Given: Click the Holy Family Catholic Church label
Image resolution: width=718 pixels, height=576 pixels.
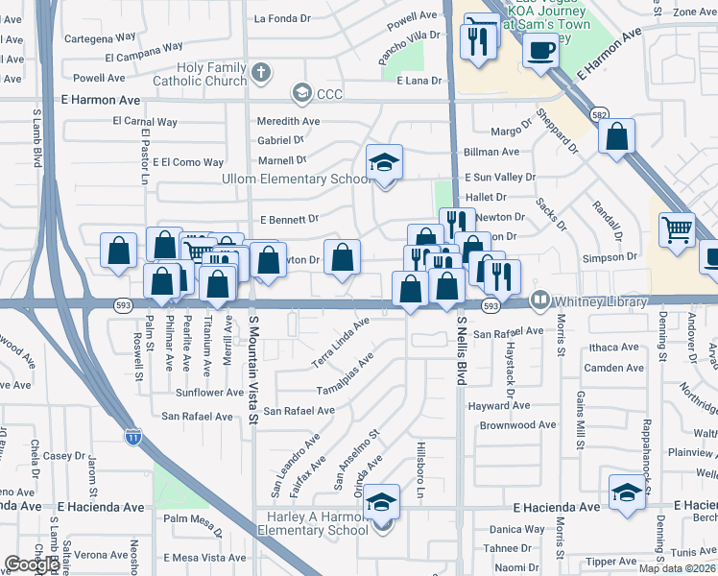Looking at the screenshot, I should pos(212,75).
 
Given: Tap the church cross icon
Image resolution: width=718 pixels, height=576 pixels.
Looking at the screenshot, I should pos(262,71).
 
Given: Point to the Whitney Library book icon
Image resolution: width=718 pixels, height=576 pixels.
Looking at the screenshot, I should pos(540,301).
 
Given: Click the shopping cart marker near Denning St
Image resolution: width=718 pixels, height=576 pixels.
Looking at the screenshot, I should pos(678,229).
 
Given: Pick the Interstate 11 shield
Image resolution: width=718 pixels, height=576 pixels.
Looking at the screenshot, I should pos(134,437).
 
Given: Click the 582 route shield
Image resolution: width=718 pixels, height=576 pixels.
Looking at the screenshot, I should pos(598,113).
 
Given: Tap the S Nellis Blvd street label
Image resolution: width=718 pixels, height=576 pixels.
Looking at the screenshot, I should pos(462,351).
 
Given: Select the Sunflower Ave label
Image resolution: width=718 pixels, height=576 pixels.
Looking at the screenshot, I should pos(209,393).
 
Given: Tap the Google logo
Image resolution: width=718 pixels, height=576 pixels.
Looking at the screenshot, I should pos(33,564).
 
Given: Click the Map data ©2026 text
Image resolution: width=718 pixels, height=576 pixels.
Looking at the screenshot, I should pos(678,568).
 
